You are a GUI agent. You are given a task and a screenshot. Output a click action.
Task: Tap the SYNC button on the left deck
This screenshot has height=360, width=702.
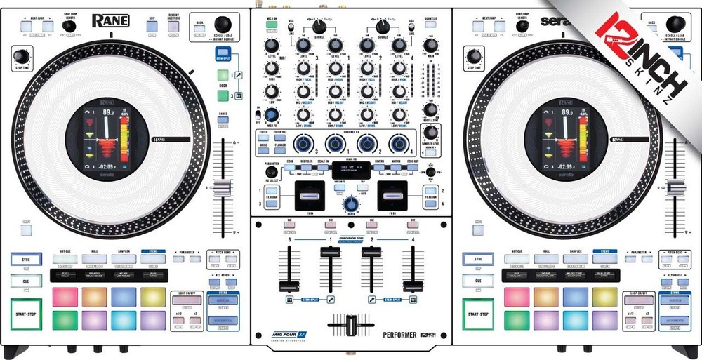point(26,259)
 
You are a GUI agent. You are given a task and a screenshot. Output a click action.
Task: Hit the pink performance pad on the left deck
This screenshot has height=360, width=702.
point(65,297)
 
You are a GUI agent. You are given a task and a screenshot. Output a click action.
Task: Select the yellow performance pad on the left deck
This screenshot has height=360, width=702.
point(152,297)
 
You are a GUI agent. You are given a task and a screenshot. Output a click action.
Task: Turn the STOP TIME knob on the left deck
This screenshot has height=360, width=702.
point(22,55)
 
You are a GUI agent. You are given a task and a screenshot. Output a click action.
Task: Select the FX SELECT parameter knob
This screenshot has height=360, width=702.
point(271,171)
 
